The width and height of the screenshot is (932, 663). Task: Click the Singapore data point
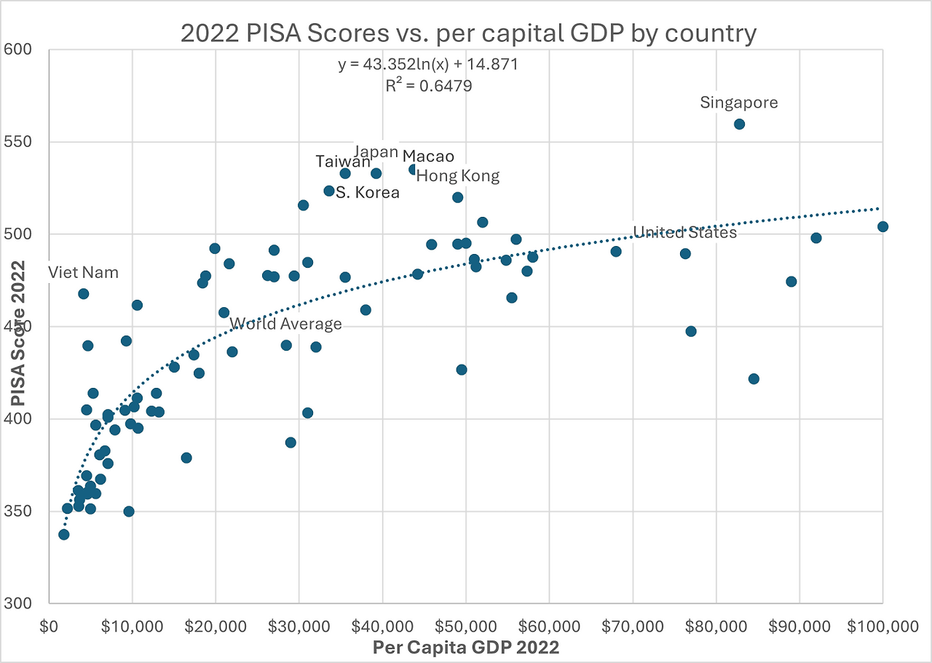coord(739,124)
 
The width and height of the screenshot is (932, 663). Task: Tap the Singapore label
coord(739,103)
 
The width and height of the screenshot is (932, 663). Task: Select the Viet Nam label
coord(83,273)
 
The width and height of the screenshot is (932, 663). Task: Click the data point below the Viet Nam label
coord(84,293)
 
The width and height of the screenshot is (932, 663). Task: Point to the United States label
coord(684,232)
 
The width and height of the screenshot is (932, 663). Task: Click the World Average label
coord(285,324)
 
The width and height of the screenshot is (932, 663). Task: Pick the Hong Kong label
coord(458,175)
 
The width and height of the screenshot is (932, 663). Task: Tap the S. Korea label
coord(368,193)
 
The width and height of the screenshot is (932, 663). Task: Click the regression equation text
coord(427,65)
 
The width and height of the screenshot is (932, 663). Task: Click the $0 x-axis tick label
coord(49,625)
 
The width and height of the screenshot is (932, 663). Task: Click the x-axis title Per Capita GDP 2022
coord(466,646)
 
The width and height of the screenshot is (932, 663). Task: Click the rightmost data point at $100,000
coord(882,226)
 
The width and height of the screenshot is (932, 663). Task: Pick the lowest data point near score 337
coord(64,534)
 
